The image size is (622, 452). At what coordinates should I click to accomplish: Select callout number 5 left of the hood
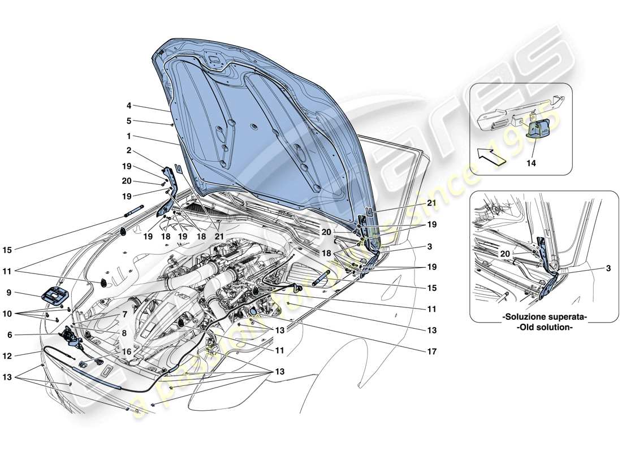point(129,120)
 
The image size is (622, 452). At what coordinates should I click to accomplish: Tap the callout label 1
point(129,136)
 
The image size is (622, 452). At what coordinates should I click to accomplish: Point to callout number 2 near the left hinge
point(129,151)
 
